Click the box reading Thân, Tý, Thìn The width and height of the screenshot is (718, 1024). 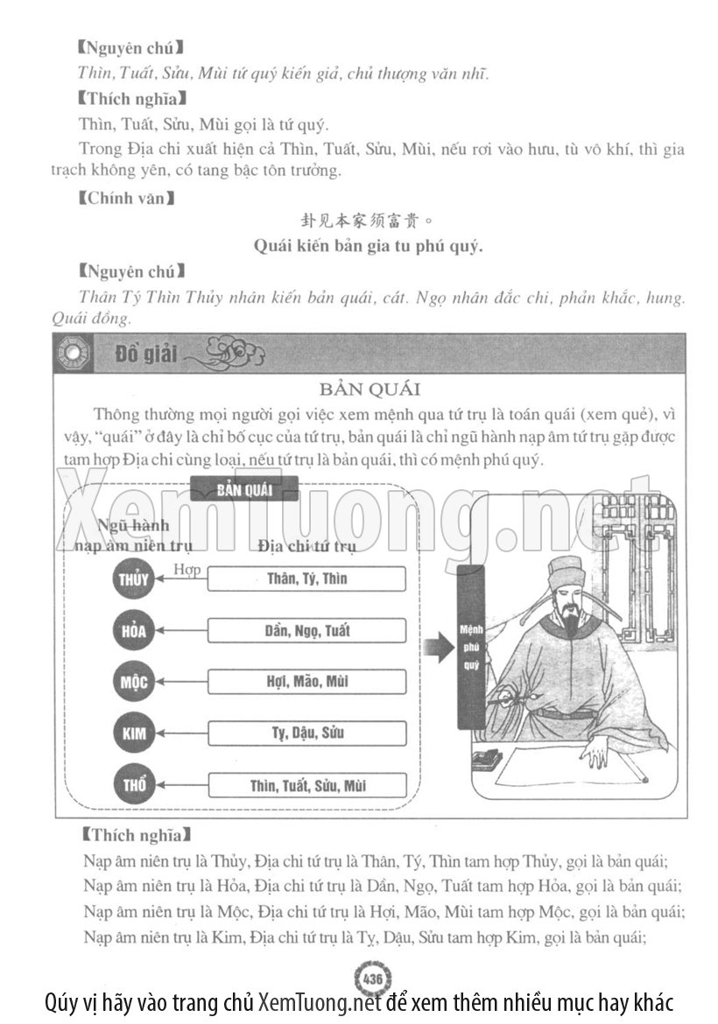point(306,579)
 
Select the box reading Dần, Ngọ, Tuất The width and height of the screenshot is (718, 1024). point(306,630)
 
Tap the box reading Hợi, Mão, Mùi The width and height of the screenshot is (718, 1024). point(306,682)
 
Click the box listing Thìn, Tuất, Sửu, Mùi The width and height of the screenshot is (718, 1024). point(306,785)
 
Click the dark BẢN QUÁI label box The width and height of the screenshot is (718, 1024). point(244,489)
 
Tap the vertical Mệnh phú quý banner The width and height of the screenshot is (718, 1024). point(471,647)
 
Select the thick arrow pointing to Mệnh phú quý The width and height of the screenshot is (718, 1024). point(435,648)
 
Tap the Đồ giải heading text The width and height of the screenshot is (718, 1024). point(145,354)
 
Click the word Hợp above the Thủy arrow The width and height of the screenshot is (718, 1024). point(187,570)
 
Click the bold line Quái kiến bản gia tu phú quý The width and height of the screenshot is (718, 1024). point(368,246)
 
